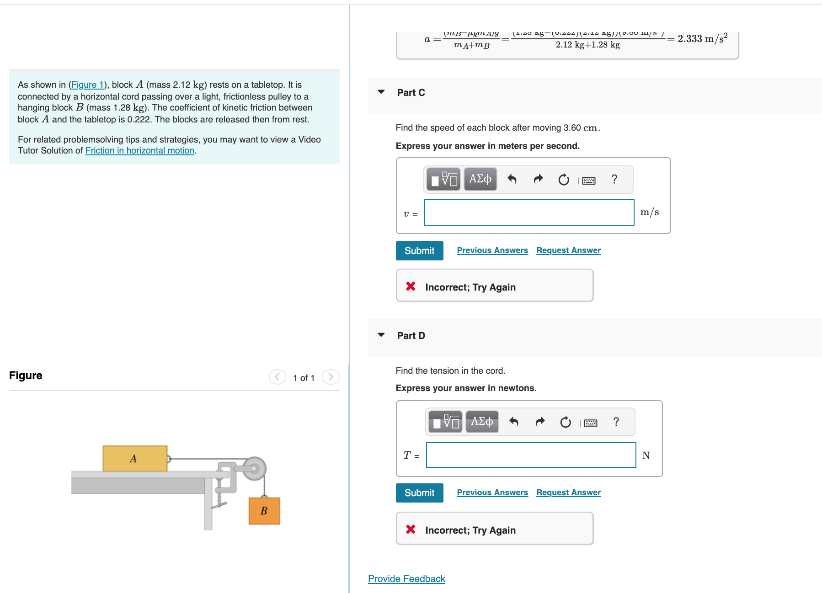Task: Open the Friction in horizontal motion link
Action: (x=139, y=151)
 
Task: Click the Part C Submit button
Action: (x=419, y=251)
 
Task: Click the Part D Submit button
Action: (x=419, y=493)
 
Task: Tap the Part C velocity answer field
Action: (x=529, y=212)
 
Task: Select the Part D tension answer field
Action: (x=530, y=455)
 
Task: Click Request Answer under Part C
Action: (x=568, y=250)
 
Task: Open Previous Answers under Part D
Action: (x=492, y=492)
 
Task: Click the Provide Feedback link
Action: (x=406, y=579)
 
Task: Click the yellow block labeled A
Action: (x=134, y=458)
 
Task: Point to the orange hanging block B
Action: (x=264, y=511)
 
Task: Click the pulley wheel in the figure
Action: (x=254, y=468)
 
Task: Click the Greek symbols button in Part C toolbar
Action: (x=480, y=179)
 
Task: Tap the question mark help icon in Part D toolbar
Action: (x=616, y=422)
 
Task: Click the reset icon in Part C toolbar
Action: (x=564, y=180)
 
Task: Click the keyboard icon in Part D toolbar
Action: (x=590, y=423)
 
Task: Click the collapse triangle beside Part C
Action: (x=381, y=92)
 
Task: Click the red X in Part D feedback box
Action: (x=411, y=529)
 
